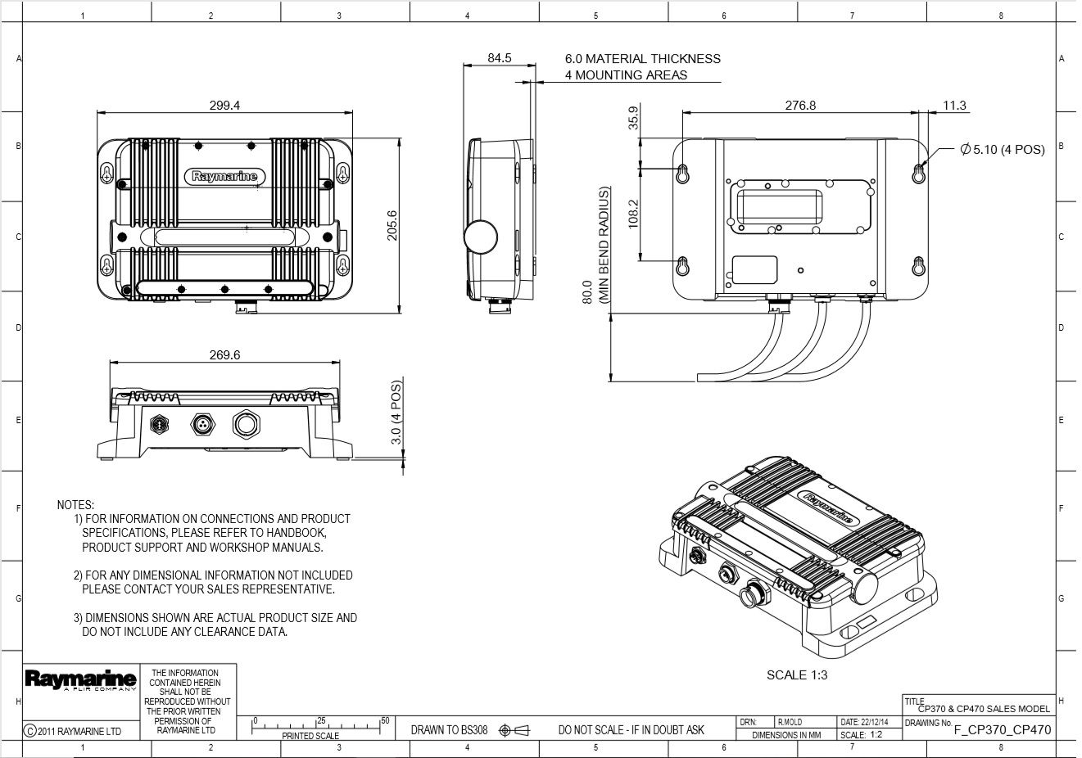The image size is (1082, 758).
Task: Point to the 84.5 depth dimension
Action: click(499, 58)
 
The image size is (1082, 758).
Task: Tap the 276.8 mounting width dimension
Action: click(800, 106)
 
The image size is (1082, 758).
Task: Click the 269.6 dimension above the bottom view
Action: click(224, 355)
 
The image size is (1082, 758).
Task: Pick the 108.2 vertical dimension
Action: click(633, 214)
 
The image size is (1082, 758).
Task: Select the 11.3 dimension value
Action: click(954, 106)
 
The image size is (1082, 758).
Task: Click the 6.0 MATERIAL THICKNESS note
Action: click(642, 59)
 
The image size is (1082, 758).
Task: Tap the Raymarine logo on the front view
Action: click(225, 176)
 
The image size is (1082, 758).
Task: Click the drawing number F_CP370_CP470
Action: click(1002, 730)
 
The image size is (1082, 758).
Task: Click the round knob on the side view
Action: click(481, 236)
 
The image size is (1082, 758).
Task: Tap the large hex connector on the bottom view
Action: click(246, 424)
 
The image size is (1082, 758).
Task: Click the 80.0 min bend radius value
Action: click(587, 292)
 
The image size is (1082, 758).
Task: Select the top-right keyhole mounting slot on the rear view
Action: click(918, 172)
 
